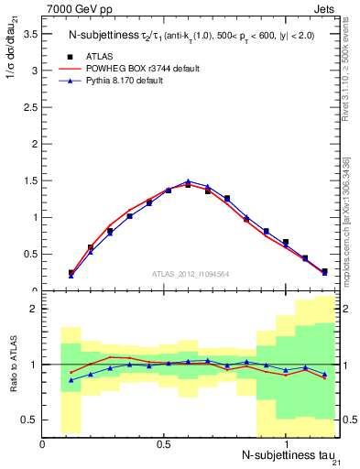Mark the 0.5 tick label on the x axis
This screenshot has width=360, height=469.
164,443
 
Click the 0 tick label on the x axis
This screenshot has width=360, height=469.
43,443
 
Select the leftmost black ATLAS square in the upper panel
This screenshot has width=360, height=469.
71,273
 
